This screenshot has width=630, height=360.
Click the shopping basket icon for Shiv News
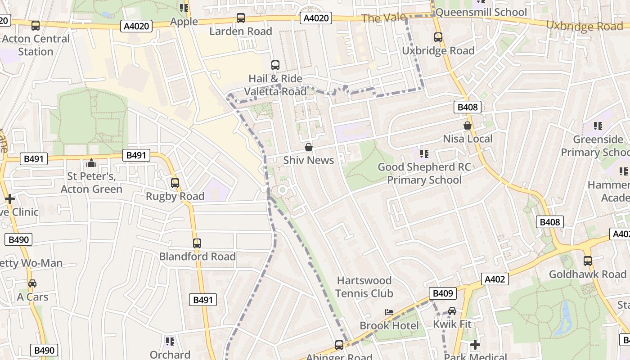click(309, 147)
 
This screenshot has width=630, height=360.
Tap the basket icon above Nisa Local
click(468, 126)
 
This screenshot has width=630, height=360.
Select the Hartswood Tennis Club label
click(364, 287)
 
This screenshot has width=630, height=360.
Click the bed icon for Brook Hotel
click(389, 312)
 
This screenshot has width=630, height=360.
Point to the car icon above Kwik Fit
click(452, 310)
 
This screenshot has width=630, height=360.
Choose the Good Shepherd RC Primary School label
click(424, 173)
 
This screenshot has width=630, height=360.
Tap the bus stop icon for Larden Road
click(241, 18)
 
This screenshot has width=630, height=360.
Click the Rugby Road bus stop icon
click(175, 183)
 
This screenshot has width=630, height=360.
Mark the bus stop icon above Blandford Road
click(197, 243)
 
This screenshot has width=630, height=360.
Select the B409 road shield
click(442, 293)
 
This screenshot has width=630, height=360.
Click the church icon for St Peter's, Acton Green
click(91, 162)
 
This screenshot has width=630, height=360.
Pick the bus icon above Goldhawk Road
click(587, 261)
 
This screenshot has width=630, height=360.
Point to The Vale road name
click(383, 18)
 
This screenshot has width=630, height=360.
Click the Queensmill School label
click(481, 12)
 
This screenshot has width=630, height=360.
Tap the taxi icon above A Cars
click(32, 283)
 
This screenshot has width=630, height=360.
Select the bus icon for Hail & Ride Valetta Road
click(275, 65)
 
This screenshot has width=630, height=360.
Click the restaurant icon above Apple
click(184, 8)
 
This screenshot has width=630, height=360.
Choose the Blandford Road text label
click(197, 256)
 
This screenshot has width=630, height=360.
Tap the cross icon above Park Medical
click(475, 345)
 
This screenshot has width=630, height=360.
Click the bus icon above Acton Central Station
click(36, 26)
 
